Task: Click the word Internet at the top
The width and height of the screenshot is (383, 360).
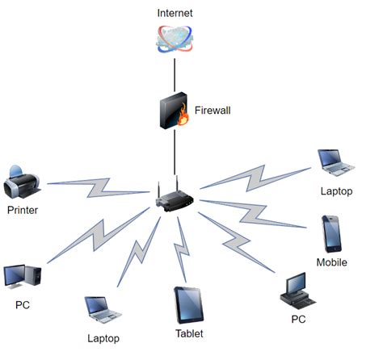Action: (175, 14)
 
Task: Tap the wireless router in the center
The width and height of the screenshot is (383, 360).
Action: (175, 197)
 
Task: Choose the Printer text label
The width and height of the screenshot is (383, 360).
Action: (23, 210)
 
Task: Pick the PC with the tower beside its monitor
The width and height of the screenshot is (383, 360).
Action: (21, 276)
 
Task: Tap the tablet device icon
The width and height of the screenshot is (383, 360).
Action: (188, 306)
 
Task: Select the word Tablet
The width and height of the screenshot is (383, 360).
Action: (188, 333)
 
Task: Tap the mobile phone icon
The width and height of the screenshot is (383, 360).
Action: (331, 233)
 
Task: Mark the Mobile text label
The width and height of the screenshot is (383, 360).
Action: (331, 262)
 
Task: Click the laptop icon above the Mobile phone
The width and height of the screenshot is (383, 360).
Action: (334, 162)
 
